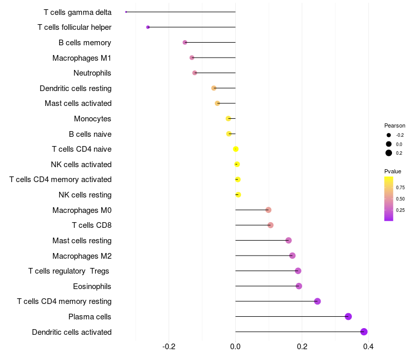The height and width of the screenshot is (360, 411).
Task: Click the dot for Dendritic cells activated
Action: (364, 332)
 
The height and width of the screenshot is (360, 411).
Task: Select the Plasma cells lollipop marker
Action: (348, 316)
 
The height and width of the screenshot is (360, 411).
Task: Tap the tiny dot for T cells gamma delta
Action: (126, 12)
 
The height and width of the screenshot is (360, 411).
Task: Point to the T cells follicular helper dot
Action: (148, 27)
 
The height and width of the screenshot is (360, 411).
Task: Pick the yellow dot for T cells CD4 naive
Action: (236, 149)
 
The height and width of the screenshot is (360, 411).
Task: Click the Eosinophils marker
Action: (299, 286)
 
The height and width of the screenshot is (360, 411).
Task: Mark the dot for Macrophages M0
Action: (268, 210)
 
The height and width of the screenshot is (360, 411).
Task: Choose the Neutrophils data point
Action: (195, 73)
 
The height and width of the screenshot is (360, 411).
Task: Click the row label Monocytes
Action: (92, 119)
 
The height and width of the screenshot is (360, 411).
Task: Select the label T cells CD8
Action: (91, 225)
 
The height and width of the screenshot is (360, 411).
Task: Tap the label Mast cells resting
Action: (82, 241)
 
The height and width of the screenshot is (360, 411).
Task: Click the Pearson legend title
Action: (395, 125)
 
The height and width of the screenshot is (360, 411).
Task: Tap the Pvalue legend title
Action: (393, 171)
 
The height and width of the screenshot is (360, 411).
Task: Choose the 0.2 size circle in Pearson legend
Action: (389, 153)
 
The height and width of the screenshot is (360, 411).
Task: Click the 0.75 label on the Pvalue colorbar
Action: (400, 188)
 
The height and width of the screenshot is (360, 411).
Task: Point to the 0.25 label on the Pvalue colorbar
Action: (400, 210)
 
